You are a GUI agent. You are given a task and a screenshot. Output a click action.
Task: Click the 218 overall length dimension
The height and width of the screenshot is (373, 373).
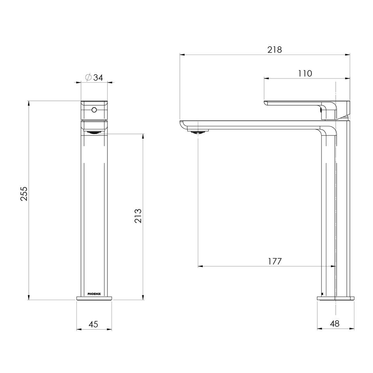tap(275, 50)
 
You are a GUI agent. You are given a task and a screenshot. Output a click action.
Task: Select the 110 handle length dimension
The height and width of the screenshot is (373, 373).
tap(305, 73)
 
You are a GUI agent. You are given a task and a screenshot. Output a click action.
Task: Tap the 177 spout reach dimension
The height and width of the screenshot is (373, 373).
tap(275, 261)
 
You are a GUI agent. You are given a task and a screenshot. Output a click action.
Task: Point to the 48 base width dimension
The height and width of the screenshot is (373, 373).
tap(335, 324)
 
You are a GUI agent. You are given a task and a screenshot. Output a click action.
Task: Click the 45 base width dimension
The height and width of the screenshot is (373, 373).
tap(94, 324)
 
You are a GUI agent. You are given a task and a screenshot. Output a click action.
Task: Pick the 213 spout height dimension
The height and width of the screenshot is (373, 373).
tap(138, 216)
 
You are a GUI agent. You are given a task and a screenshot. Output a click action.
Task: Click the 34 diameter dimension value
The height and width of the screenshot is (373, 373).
tap(98, 78)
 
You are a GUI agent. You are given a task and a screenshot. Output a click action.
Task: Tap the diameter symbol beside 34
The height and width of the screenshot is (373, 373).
tap(88, 77)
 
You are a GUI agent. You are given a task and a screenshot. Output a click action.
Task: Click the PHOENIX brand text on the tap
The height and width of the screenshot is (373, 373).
tap(94, 294)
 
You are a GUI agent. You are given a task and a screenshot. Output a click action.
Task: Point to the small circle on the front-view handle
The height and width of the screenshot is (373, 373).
tap(94, 110)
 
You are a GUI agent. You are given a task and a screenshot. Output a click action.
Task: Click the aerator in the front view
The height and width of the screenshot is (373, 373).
tap(94, 132)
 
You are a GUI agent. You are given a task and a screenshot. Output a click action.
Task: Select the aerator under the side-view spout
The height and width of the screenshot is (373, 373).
tap(198, 131)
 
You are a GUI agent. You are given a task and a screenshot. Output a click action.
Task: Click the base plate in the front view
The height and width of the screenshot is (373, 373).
tap(94, 298)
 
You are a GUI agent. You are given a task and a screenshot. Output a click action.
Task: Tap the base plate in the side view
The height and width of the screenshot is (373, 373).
tap(335, 298)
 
